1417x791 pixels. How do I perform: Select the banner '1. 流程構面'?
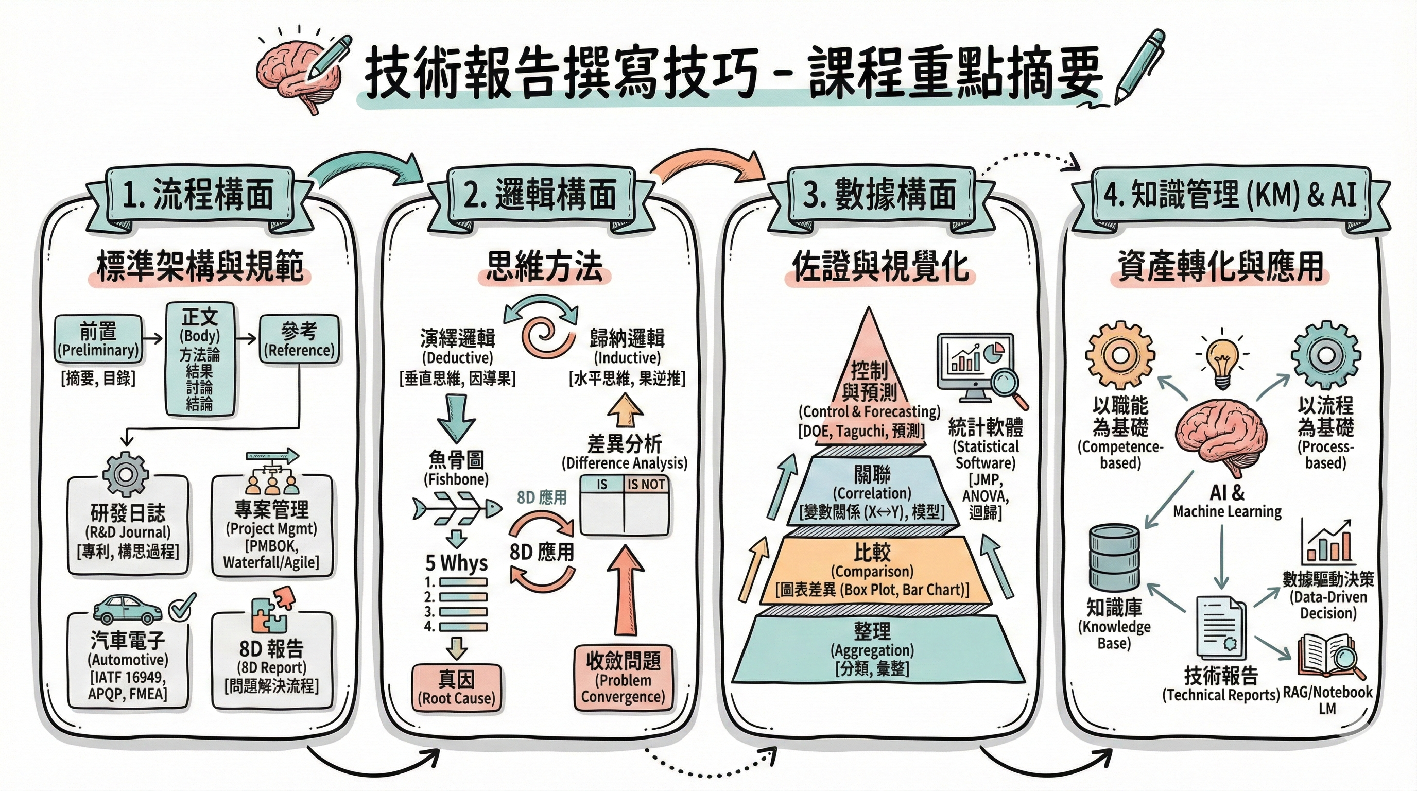(x=198, y=195)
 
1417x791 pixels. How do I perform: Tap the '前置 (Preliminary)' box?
(x=98, y=339)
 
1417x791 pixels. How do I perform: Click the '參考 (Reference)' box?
(x=299, y=339)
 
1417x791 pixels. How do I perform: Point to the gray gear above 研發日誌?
(x=126, y=474)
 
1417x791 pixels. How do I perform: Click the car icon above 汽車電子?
(x=127, y=608)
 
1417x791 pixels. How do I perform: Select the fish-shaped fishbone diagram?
(x=457, y=510)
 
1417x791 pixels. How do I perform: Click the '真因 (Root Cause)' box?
(x=457, y=688)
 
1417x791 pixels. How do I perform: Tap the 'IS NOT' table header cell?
(x=646, y=485)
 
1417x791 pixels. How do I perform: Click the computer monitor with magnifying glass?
(x=979, y=369)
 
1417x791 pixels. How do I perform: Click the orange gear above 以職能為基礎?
(x=1120, y=355)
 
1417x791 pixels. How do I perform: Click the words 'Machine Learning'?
(x=1227, y=511)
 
